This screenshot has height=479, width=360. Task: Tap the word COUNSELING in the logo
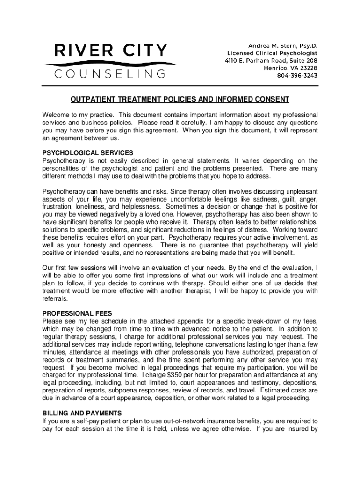pyautogui.click(x=110, y=74)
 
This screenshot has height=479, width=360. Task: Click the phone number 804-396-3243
pyautogui.click(x=294, y=76)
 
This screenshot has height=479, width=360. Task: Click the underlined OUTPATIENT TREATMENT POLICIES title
pyautogui.click(x=180, y=99)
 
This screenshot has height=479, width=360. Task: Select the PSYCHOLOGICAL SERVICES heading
pyautogui.click(x=88, y=153)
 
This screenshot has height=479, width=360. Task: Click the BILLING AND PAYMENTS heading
pyautogui.click(x=82, y=413)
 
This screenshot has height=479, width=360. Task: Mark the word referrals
pyautogui.click(x=55, y=299)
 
